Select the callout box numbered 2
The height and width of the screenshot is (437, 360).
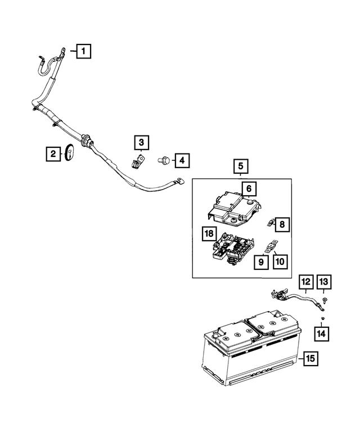[53, 153]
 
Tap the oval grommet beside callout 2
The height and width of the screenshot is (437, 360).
[70, 153]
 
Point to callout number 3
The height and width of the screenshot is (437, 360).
[141, 142]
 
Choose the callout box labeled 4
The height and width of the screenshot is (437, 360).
[181, 161]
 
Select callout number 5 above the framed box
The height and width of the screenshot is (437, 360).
[240, 166]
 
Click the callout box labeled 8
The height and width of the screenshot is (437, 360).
[282, 225]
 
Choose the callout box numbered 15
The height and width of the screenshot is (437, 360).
[310, 358]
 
